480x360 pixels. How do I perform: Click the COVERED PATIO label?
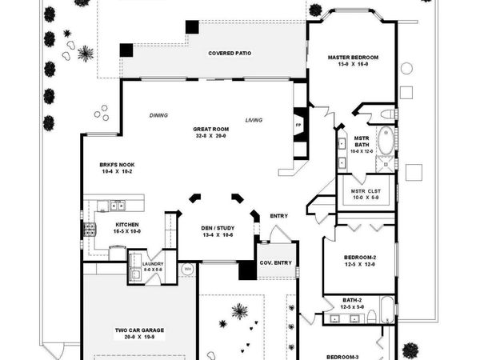pos(230,54)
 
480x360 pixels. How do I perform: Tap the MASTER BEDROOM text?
pos(353,58)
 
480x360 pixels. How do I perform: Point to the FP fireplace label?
pos(298,125)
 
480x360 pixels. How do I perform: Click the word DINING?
pos(158,115)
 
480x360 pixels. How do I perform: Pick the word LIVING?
pos(254,120)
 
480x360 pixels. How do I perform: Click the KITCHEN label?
pos(129,225)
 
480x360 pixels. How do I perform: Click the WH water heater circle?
pos(187,270)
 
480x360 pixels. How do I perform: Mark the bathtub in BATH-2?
pos(386,307)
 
